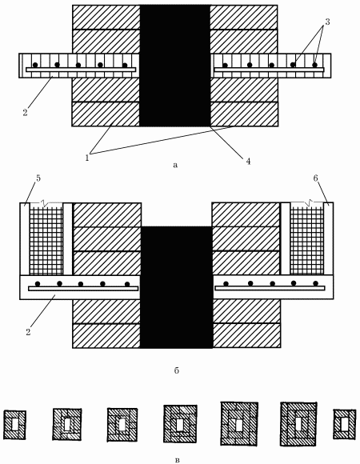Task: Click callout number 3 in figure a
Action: [327, 22]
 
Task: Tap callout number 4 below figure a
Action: [248, 161]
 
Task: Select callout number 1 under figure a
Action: [87, 158]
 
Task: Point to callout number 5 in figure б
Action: [38, 178]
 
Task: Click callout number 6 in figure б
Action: [316, 178]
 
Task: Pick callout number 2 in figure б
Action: [28, 332]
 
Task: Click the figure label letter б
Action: [177, 370]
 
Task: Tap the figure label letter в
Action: [177, 460]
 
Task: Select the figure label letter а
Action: [175, 165]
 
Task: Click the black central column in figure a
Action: [175, 66]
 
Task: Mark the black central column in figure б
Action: [177, 287]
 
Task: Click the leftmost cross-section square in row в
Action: [14, 425]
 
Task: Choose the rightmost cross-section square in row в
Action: [344, 424]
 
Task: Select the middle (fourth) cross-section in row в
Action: [180, 424]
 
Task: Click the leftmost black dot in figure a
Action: [35, 65]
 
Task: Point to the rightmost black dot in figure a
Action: [314, 65]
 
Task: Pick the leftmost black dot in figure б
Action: [38, 283]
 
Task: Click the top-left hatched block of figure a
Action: [106, 17]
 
